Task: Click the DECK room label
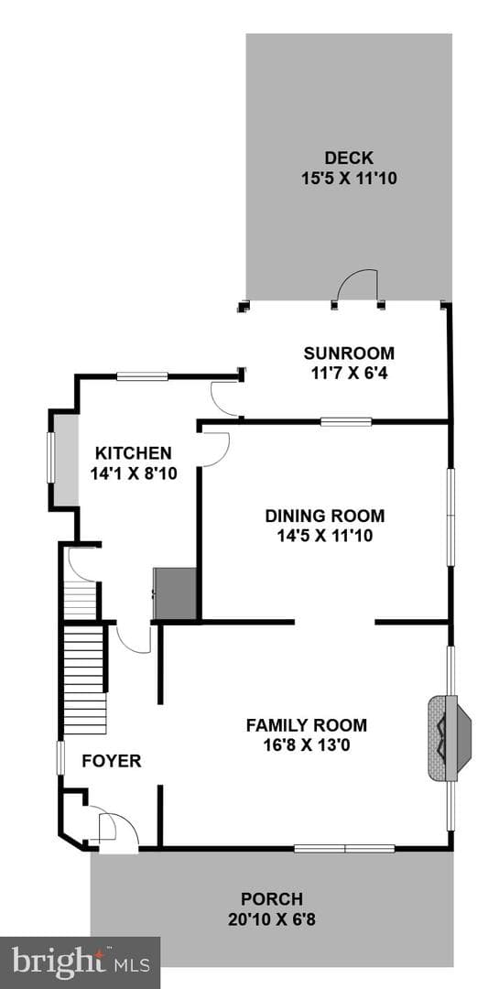349,158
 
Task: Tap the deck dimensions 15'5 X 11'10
349,179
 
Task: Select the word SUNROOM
349,353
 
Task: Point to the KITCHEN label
133,453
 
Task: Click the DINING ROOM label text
324,516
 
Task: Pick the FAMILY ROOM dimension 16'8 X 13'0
307,745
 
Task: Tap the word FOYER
112,761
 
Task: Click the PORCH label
272,899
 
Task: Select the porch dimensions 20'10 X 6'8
272,919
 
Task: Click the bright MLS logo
81,963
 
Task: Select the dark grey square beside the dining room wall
175,592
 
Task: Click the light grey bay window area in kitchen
65,459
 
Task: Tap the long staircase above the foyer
84,679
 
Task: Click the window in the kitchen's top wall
142,376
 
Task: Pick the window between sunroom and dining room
346,421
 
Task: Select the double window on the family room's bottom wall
344,848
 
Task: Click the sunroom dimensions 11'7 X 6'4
349,374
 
